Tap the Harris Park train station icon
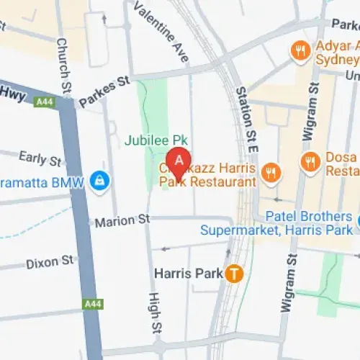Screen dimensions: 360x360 (x=233, y=274)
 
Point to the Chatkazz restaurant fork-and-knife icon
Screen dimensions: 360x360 (x=271, y=172)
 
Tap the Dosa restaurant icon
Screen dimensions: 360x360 (x=311, y=163)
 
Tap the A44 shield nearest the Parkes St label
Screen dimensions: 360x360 (x=45, y=102)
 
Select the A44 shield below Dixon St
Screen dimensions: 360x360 (x=92, y=305)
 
